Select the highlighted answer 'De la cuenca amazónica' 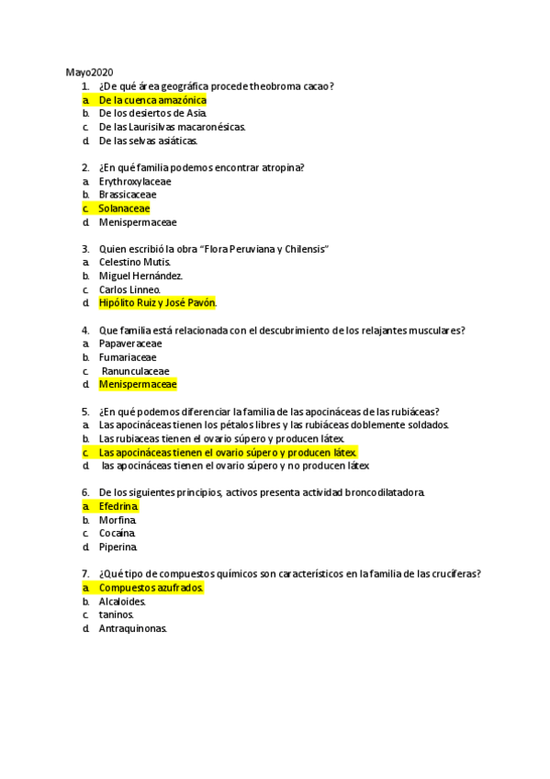point(152,100)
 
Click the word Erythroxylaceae point(135,181)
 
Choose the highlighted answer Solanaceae point(124,209)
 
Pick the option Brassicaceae point(128,195)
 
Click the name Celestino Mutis point(134,262)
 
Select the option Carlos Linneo point(129,289)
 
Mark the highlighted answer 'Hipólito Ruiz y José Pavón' point(157,303)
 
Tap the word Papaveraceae point(130,344)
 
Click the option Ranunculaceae point(135,371)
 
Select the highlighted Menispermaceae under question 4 point(138,385)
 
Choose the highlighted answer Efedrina point(118,506)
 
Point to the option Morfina point(117,520)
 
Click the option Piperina point(118,548)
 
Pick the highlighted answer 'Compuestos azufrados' point(151,588)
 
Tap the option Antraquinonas point(133,628)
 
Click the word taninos point(117,615)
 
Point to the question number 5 point(84,412)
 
